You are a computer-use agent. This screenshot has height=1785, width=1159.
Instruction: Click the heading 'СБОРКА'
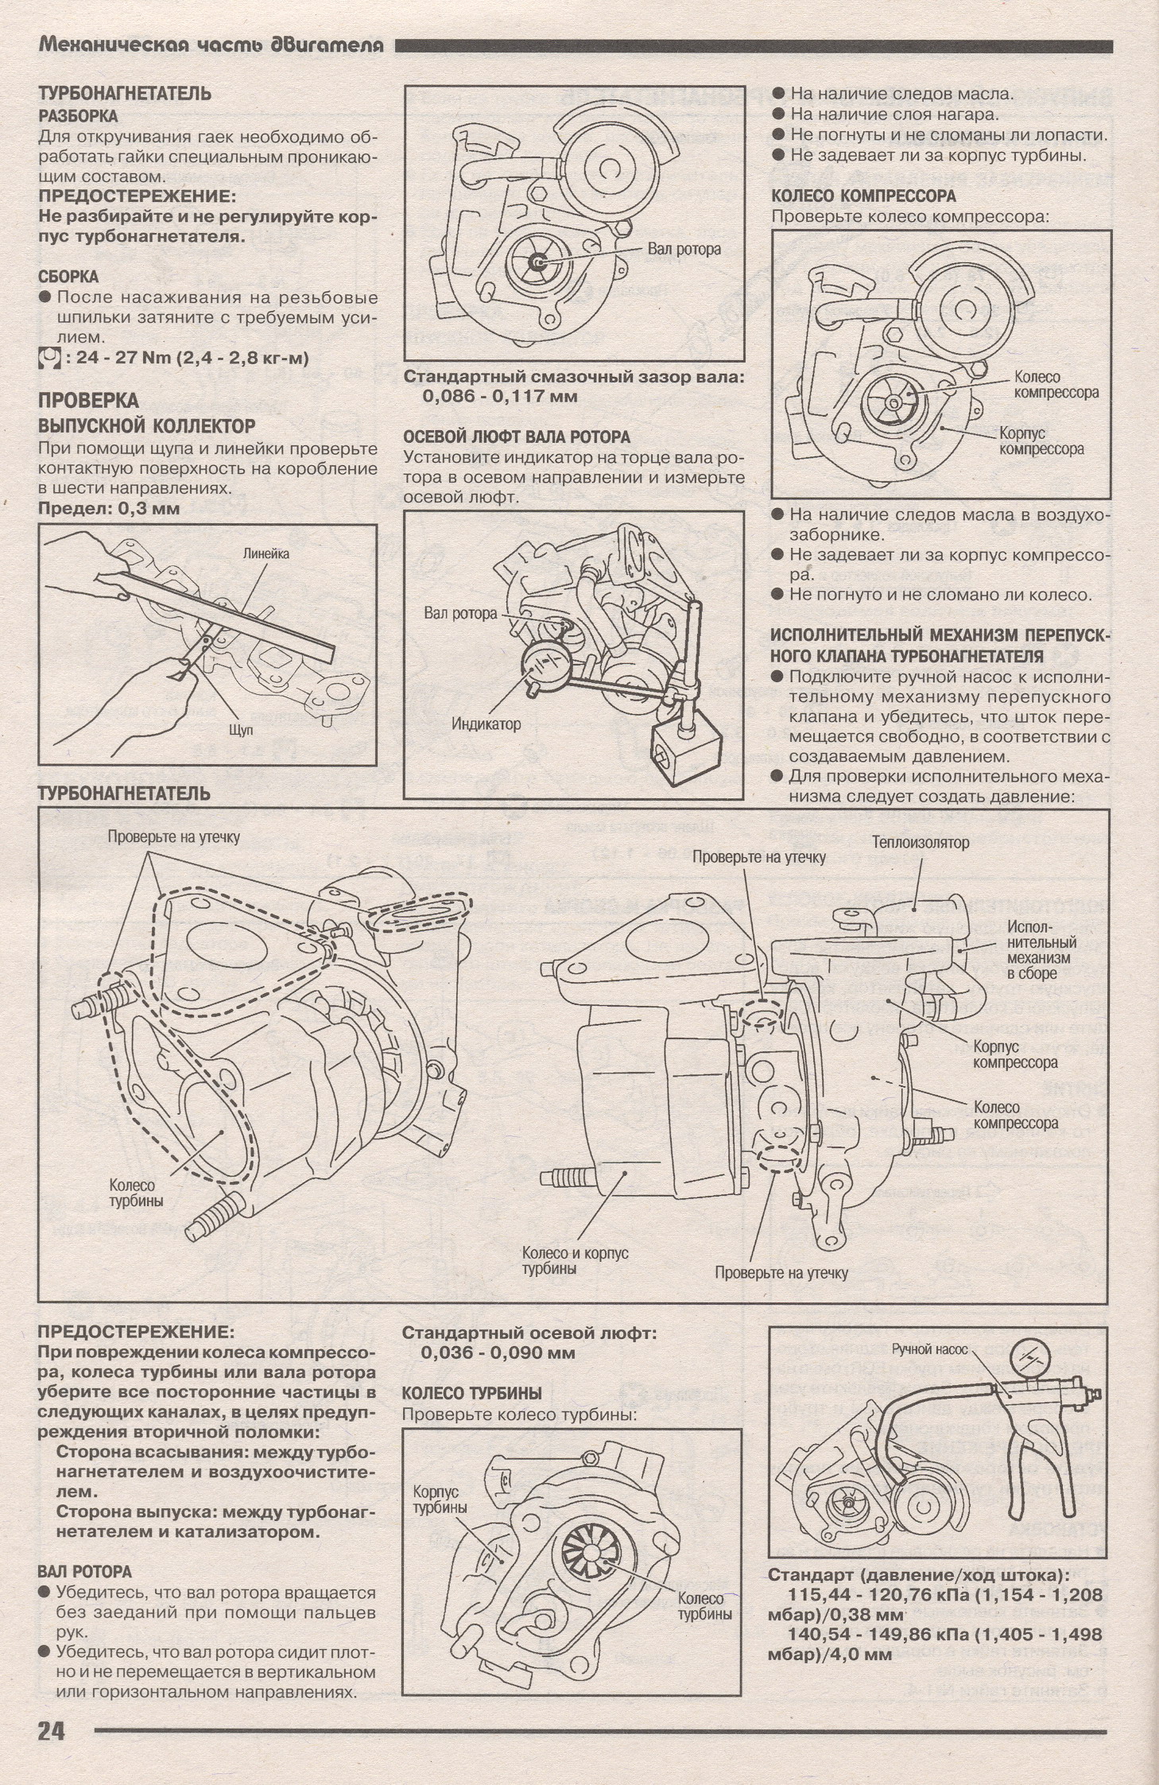point(69,277)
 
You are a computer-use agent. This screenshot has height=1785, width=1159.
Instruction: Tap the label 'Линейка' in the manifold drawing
point(266,553)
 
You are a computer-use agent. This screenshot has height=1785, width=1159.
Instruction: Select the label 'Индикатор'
point(486,723)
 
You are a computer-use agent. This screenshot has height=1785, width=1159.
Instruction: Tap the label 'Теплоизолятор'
point(921,842)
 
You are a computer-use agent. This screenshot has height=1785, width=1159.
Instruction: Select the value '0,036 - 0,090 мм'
point(498,1352)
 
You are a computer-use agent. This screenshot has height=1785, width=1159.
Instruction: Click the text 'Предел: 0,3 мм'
point(109,507)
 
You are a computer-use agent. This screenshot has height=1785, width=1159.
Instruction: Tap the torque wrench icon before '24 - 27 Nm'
point(49,358)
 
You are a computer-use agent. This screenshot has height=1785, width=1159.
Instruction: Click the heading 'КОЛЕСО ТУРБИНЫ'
point(471,1392)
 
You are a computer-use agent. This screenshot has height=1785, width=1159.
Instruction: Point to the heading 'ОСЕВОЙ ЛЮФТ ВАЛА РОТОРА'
point(516,437)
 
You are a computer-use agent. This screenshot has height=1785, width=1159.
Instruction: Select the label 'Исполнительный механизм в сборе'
point(1041,950)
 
